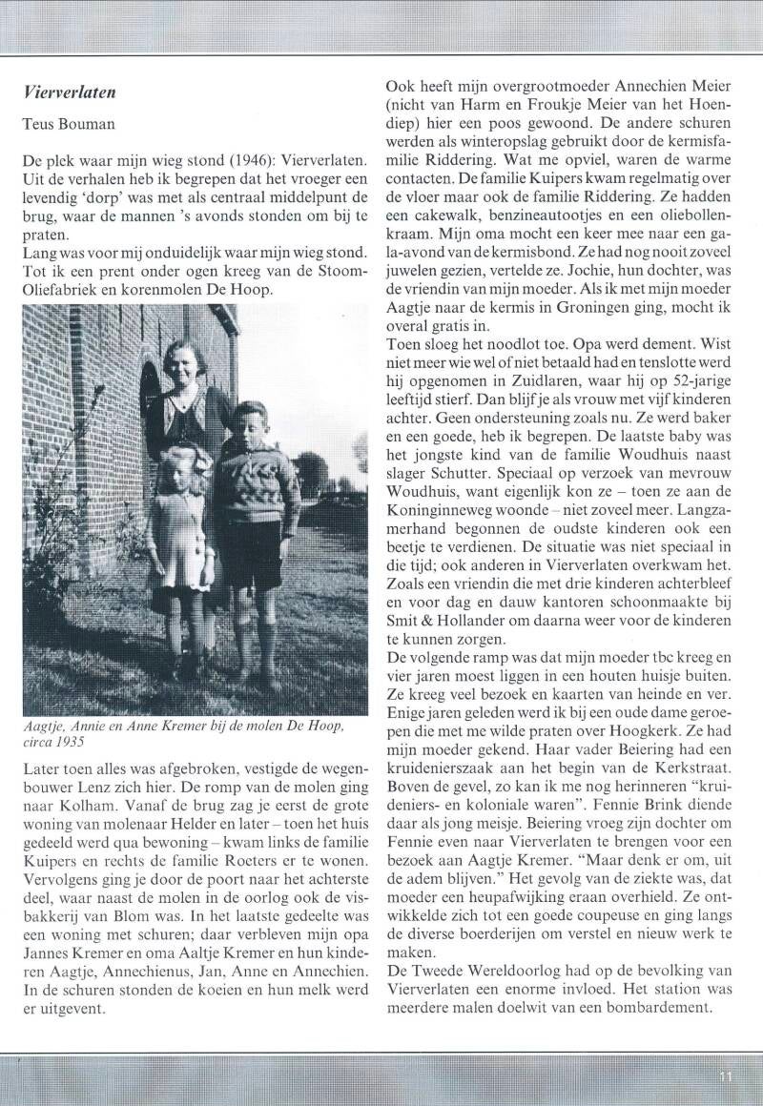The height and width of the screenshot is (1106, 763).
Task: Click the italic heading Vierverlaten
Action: click(70, 92)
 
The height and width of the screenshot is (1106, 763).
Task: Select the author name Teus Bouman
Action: click(66, 125)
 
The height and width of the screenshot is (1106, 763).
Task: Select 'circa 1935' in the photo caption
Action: click(58, 739)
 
